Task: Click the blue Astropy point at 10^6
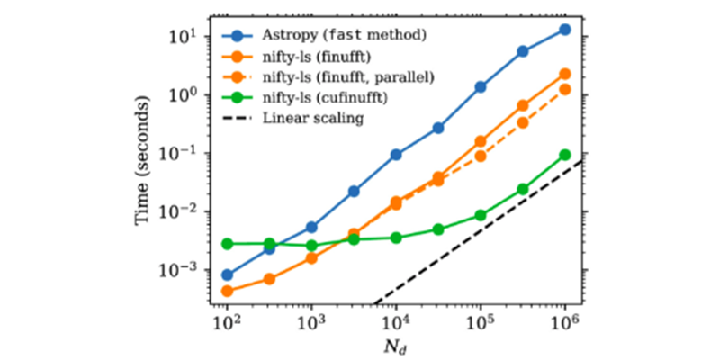tap(565, 30)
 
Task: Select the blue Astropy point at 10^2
tap(227, 274)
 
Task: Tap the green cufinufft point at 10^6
tap(565, 155)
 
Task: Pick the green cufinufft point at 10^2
tap(227, 244)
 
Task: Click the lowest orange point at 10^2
tap(227, 291)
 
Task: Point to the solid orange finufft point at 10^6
tap(565, 74)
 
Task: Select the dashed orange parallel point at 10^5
tap(481, 156)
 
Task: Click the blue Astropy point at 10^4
tap(396, 155)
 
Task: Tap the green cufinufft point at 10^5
tap(481, 215)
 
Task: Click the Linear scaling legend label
tap(313, 119)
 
